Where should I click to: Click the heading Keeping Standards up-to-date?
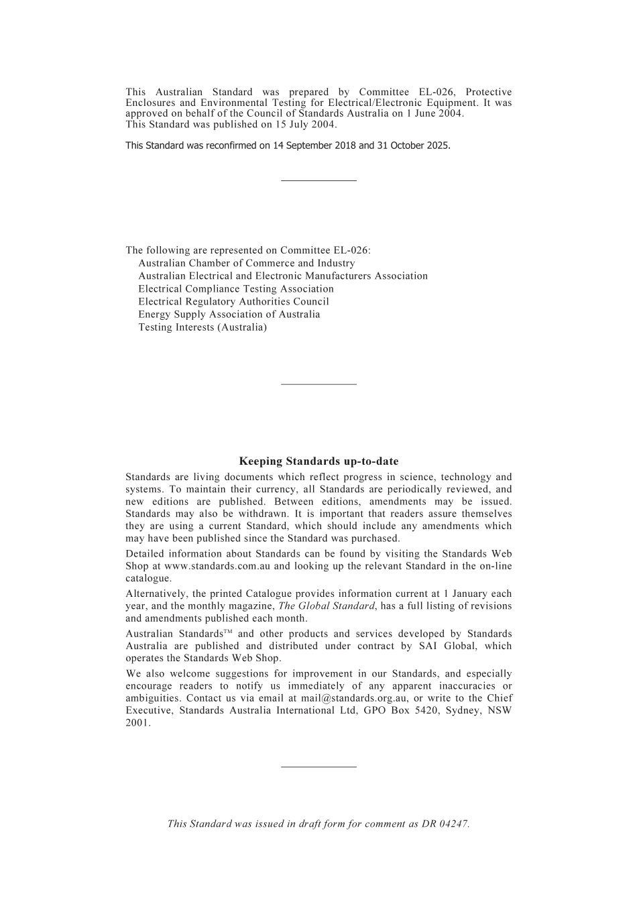pyautogui.click(x=318, y=461)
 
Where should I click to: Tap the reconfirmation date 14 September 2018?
pyautogui.click(x=314, y=146)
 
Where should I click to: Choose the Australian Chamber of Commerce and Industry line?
pyautogui.click(x=246, y=264)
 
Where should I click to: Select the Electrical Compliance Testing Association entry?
pyautogui.click(x=235, y=289)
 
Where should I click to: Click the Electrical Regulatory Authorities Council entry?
pyautogui.click(x=233, y=302)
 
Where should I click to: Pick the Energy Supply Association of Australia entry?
pyautogui.click(x=229, y=315)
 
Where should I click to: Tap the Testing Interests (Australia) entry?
pyautogui.click(x=202, y=327)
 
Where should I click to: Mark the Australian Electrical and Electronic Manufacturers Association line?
pyautogui.click(x=282, y=276)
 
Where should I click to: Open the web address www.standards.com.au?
pyautogui.click(x=217, y=566)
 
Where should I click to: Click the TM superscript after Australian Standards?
pyautogui.click(x=227, y=632)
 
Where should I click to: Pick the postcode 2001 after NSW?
pyautogui.click(x=137, y=723)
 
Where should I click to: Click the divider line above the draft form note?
pyautogui.click(x=318, y=767)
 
